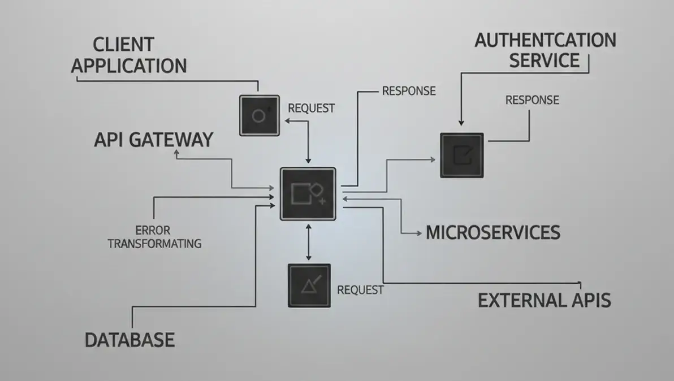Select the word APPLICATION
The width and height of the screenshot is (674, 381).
[x=129, y=66]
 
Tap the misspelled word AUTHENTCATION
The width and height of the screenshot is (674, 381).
[x=545, y=41]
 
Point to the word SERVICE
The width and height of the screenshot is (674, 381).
[x=545, y=60]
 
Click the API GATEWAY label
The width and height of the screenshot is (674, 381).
[x=153, y=139]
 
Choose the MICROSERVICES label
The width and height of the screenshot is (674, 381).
[x=493, y=232]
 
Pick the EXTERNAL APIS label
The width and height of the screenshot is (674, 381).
[x=544, y=300]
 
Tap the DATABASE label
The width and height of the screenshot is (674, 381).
[x=129, y=340]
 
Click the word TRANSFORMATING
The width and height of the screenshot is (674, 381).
[x=154, y=244]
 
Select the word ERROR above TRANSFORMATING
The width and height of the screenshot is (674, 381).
[x=153, y=230]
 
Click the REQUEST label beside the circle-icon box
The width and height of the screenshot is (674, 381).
[x=311, y=108]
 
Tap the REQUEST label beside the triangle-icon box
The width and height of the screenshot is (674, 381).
[x=360, y=290]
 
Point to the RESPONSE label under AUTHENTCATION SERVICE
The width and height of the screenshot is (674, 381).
[x=532, y=100]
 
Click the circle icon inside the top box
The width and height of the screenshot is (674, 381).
[x=258, y=116]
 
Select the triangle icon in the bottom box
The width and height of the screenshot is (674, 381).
[x=309, y=285]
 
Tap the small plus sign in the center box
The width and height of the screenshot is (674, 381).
[x=322, y=201]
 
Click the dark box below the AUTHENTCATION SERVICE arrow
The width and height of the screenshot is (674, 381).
[x=462, y=155]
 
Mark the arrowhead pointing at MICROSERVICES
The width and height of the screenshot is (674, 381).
[x=418, y=232]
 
